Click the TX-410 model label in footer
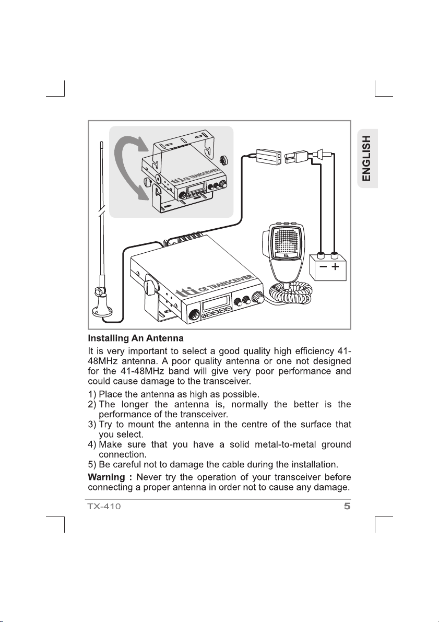104,506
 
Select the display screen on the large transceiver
218,303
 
